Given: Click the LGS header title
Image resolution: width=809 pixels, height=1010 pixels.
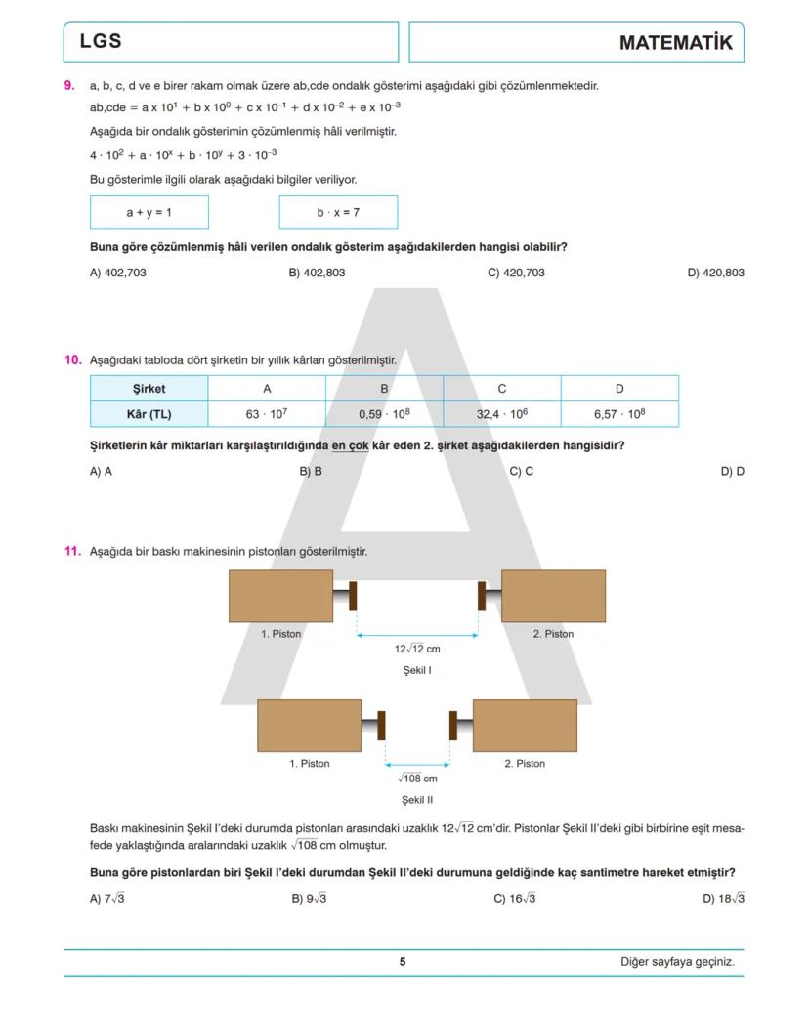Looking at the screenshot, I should point(101,42).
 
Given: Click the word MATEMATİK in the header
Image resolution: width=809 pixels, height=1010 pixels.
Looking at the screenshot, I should point(675,43).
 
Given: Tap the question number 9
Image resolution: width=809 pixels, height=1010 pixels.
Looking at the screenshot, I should point(69,85).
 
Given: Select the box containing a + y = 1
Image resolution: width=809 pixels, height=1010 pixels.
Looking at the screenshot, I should point(149,212).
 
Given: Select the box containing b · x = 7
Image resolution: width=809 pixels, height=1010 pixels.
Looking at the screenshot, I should point(338,212).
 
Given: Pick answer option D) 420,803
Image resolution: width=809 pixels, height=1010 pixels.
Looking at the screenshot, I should point(715,273).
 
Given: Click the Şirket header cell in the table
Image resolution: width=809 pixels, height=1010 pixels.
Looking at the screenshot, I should point(149,389).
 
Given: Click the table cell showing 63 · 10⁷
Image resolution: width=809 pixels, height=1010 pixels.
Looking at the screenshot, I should point(266,414).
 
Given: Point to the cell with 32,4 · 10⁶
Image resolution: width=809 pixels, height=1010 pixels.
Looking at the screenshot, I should point(501,414).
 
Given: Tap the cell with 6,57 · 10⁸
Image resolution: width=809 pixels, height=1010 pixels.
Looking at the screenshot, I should point(619,414).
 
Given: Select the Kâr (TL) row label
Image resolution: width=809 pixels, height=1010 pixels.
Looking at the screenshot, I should point(149,414).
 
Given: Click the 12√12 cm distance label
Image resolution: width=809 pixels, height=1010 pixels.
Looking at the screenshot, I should point(417,649).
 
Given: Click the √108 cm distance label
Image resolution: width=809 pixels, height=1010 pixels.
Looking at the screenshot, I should point(417,779).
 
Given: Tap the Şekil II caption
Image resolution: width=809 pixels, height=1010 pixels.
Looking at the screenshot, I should point(417,800).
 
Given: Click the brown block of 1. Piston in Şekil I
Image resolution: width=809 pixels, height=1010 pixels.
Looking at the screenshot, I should point(280,596).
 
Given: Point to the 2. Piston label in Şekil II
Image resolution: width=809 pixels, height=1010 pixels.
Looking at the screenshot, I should point(525,764).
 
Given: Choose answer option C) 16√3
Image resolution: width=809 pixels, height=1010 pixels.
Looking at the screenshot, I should point(515,899).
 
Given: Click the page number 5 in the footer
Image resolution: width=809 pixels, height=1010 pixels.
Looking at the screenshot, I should point(403,962).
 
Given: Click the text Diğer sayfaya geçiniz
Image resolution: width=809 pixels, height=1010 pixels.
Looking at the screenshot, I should point(677,962).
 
